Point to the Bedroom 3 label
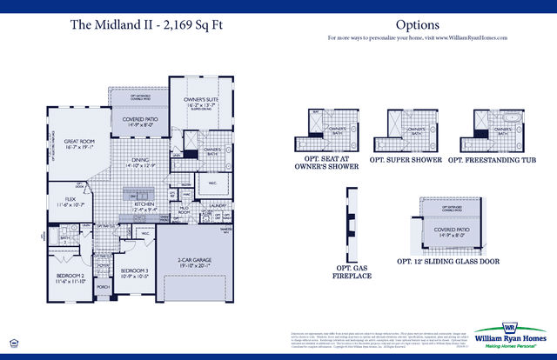pyautogui.click(x=133, y=271)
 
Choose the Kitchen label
pyautogui.click(x=144, y=205)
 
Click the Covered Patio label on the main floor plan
pyautogui.click(x=139, y=121)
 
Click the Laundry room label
pyautogui.click(x=218, y=206)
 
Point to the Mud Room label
pyautogui.click(x=185, y=210)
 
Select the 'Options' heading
pyautogui.click(x=417, y=24)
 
